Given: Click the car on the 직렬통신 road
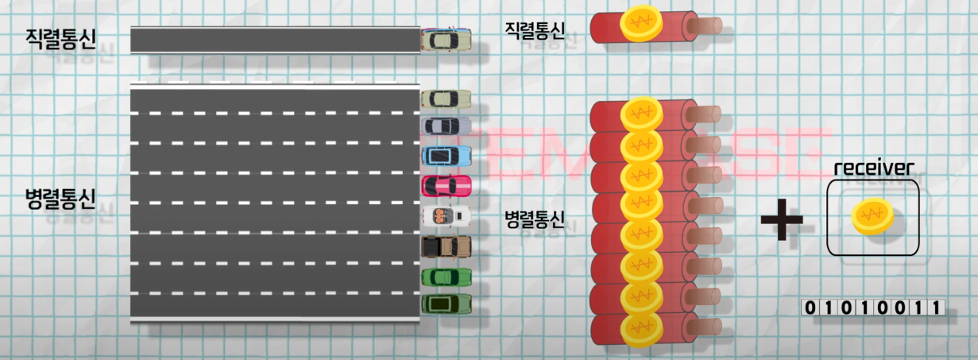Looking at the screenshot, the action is coord(446,39).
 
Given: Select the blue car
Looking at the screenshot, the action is coord(446,156).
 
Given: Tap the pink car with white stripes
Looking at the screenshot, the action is coord(446,186).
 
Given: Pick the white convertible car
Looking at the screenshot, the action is coord(446,215).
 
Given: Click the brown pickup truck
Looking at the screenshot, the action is coord(446,246).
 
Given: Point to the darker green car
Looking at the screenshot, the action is coord(446,304).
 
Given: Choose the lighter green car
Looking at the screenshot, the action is coord(446,277).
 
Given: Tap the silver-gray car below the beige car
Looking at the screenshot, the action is coord(446,126).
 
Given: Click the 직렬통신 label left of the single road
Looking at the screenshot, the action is coord(60,37).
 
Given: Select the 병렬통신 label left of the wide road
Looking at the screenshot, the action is coord(60,198).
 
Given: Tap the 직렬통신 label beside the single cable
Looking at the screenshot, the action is coord(535,30).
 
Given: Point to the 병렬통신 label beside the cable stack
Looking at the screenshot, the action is coord(535,219).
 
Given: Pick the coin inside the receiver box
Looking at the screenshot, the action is coord(872,216).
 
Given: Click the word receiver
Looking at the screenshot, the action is coord(873,168).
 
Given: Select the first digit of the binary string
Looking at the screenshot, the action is coord(810,308).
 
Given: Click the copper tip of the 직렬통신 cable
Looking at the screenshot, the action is coord(706,25).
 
